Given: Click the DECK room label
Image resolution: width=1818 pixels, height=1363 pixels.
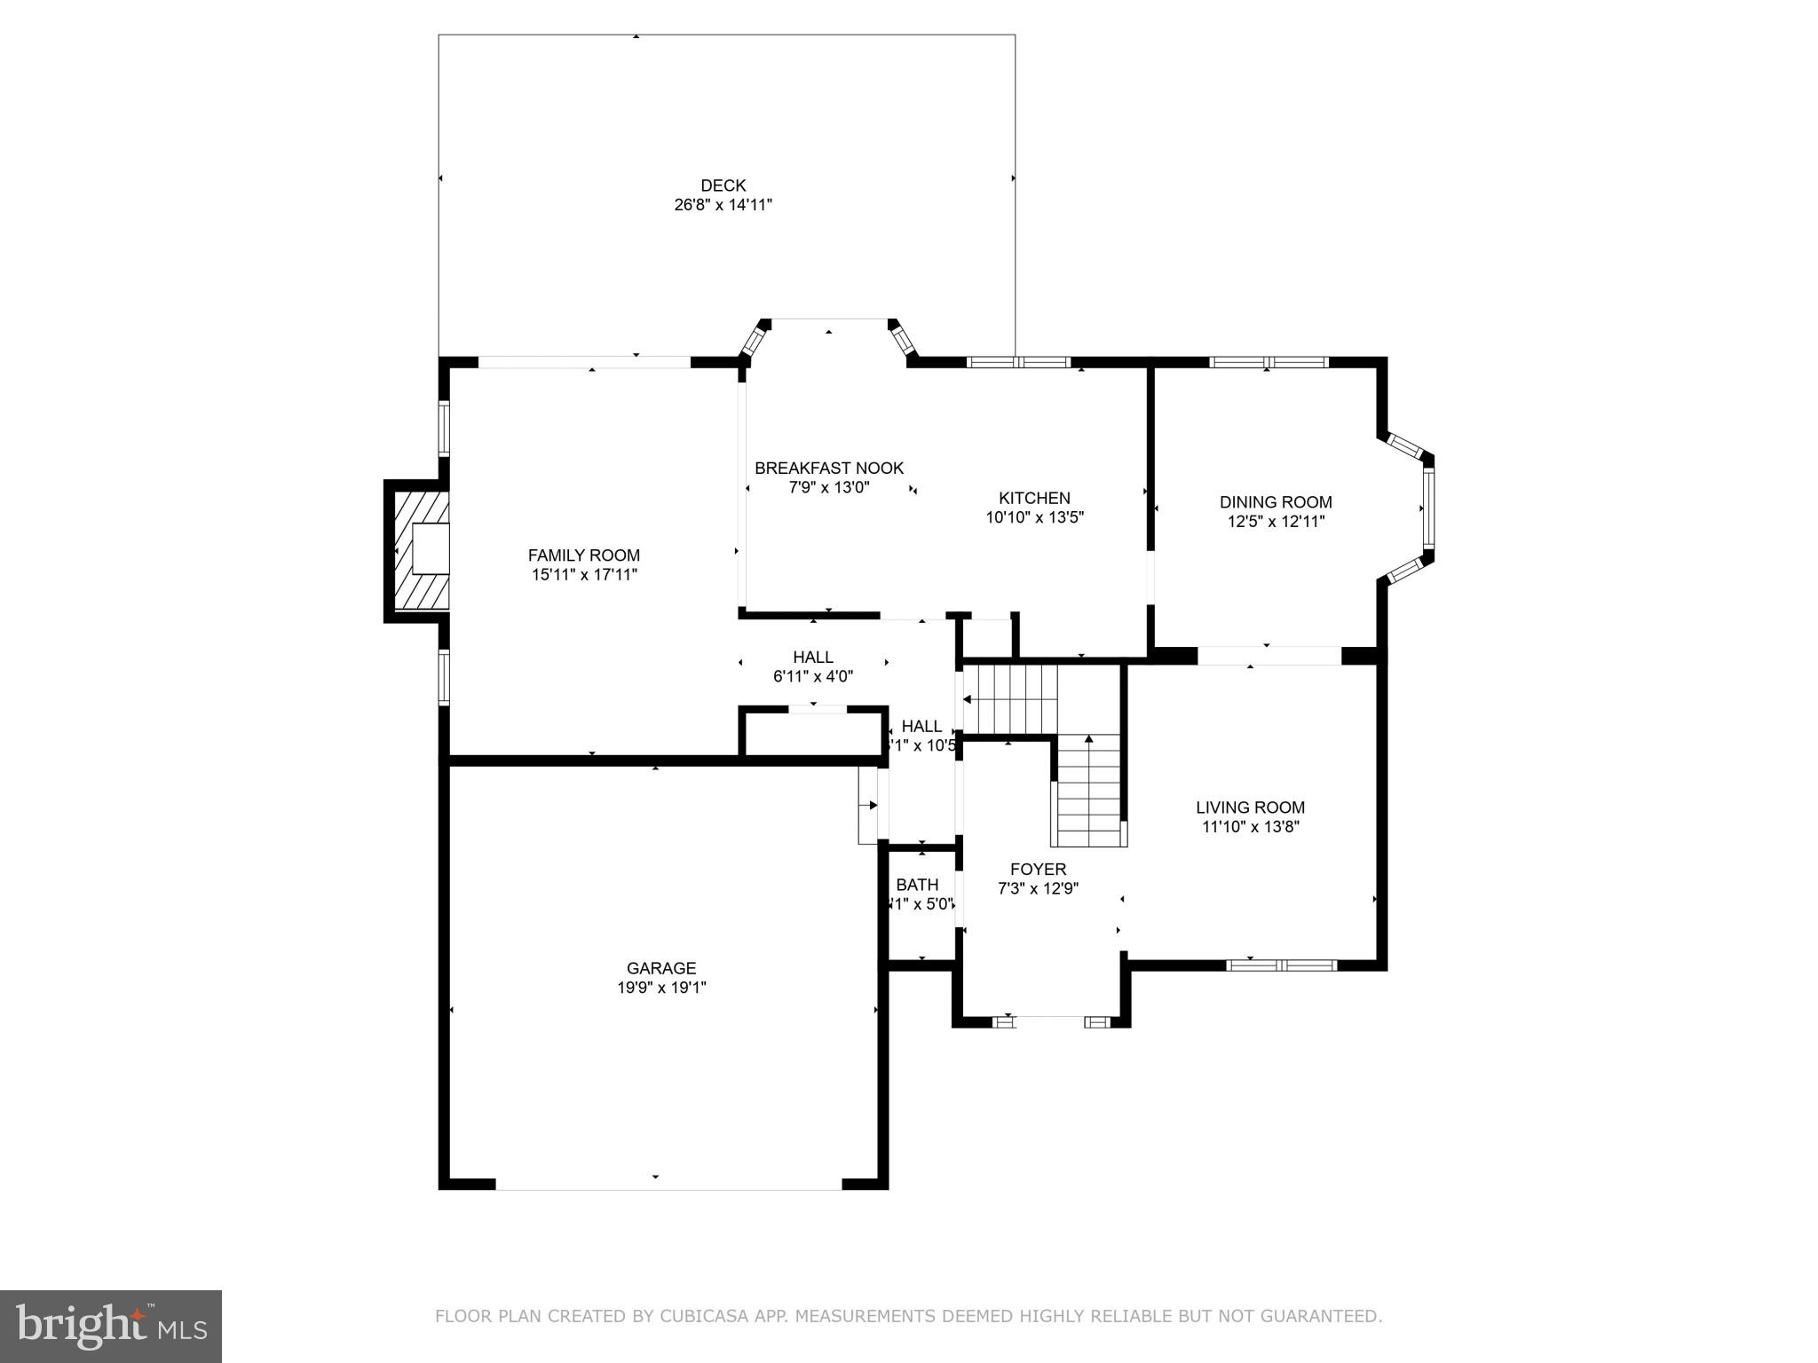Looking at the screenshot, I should click(x=723, y=185).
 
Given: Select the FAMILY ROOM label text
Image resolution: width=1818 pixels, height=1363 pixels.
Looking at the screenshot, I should click(x=583, y=555).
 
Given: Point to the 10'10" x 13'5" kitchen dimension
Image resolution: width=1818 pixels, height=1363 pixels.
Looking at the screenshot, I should click(x=1034, y=516).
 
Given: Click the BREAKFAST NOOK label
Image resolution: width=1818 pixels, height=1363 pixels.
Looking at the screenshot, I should click(x=828, y=468).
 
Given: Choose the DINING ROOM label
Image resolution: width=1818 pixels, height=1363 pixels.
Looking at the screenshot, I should click(x=1275, y=502).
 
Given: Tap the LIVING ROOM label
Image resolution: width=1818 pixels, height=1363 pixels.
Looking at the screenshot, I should click(x=1249, y=808).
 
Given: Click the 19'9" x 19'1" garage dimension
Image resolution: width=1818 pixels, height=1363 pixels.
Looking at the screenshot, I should click(x=661, y=987).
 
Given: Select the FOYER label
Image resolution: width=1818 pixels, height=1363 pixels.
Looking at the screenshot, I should click(x=1037, y=869).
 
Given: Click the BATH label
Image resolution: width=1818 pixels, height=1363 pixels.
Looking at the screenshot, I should click(x=916, y=885).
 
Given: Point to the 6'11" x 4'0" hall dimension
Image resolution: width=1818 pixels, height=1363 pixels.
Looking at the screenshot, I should click(x=812, y=676).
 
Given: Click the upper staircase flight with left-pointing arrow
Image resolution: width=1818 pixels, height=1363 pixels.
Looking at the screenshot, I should click(x=1010, y=699).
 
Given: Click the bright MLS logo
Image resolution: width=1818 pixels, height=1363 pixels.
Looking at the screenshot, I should click(x=111, y=1326).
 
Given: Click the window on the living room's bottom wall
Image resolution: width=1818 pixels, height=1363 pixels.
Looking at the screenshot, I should click(x=1281, y=965).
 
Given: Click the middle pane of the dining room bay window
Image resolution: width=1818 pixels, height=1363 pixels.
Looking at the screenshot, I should click(x=1427, y=508).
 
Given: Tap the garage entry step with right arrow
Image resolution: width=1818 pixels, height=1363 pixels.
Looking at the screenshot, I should click(x=867, y=805).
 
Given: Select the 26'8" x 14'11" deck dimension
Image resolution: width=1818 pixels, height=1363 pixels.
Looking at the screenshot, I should click(x=723, y=205).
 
